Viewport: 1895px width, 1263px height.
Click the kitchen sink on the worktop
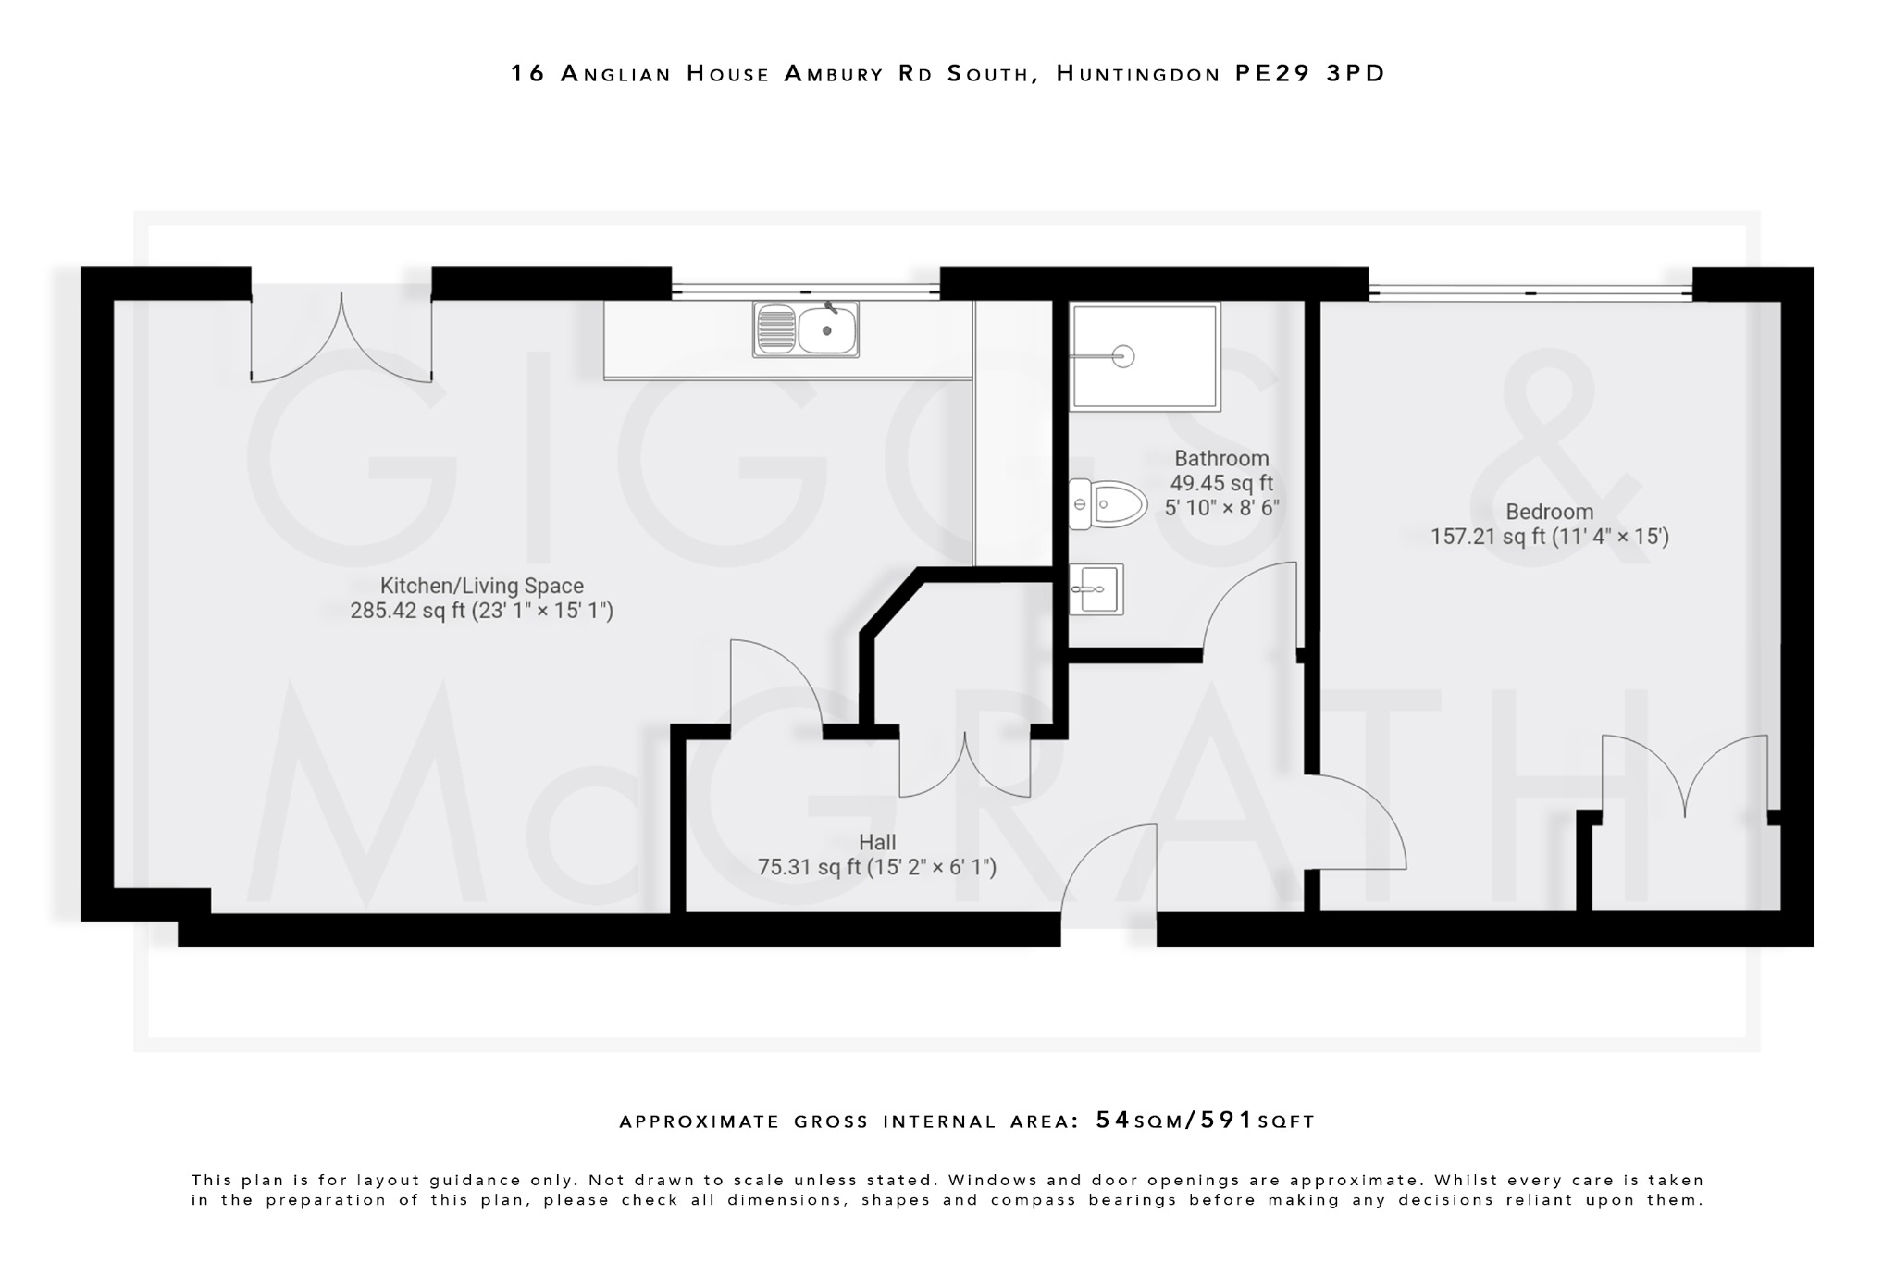pyautogui.click(x=806, y=329)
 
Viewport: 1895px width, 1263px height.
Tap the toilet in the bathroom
pyautogui.click(x=1108, y=504)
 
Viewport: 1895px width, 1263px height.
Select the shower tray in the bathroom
pyautogui.click(x=1145, y=356)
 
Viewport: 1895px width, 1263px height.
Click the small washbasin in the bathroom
pyautogui.click(x=1096, y=589)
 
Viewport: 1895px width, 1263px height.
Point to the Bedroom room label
pyautogui.click(x=1549, y=512)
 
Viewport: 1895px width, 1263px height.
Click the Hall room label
pyautogui.click(x=876, y=842)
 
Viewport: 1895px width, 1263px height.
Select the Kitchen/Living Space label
pyautogui.click(x=481, y=586)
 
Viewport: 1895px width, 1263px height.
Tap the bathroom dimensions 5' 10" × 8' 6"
pyautogui.click(x=1221, y=508)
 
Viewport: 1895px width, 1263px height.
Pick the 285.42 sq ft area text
pyautogui.click(x=407, y=611)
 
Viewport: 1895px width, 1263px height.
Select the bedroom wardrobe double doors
pyautogui.click(x=1684, y=777)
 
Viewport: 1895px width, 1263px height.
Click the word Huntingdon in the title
pyautogui.click(x=1139, y=73)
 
